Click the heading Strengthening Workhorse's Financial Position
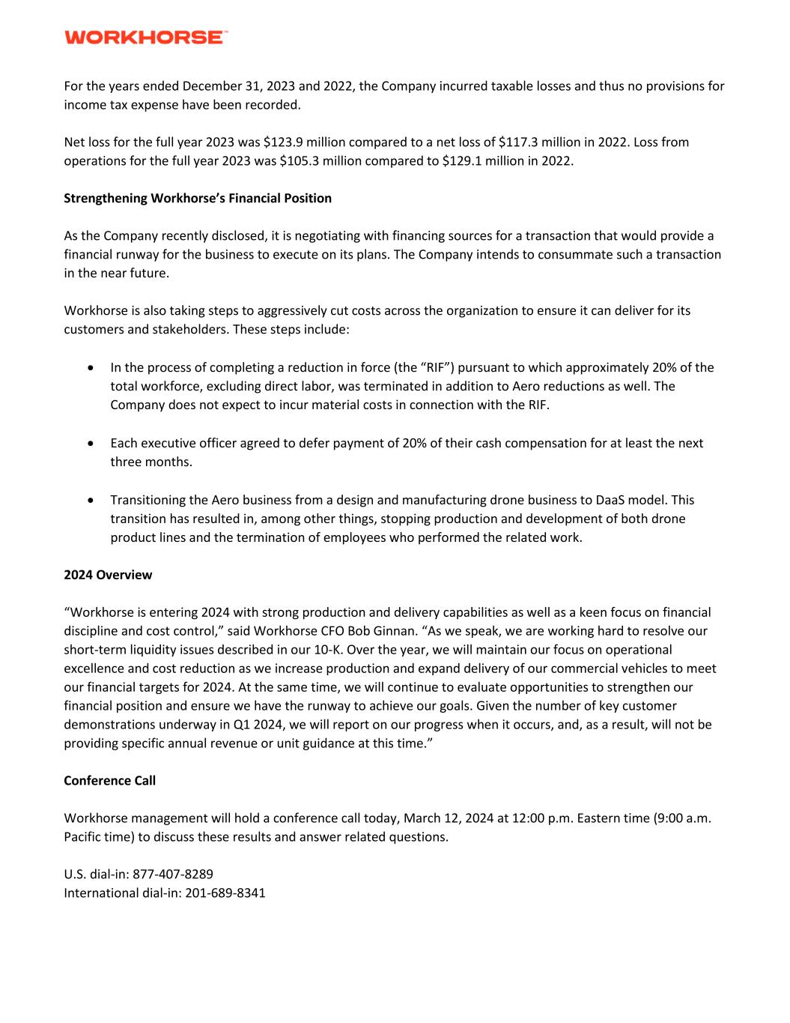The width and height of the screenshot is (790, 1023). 198,198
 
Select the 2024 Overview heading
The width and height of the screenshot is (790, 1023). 108,575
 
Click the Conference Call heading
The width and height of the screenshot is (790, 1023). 110,780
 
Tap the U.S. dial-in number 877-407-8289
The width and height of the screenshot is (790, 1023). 173,874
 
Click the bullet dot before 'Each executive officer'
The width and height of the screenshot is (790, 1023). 91,444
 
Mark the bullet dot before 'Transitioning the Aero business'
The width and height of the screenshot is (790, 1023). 91,500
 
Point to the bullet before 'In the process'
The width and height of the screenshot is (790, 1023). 91,368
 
